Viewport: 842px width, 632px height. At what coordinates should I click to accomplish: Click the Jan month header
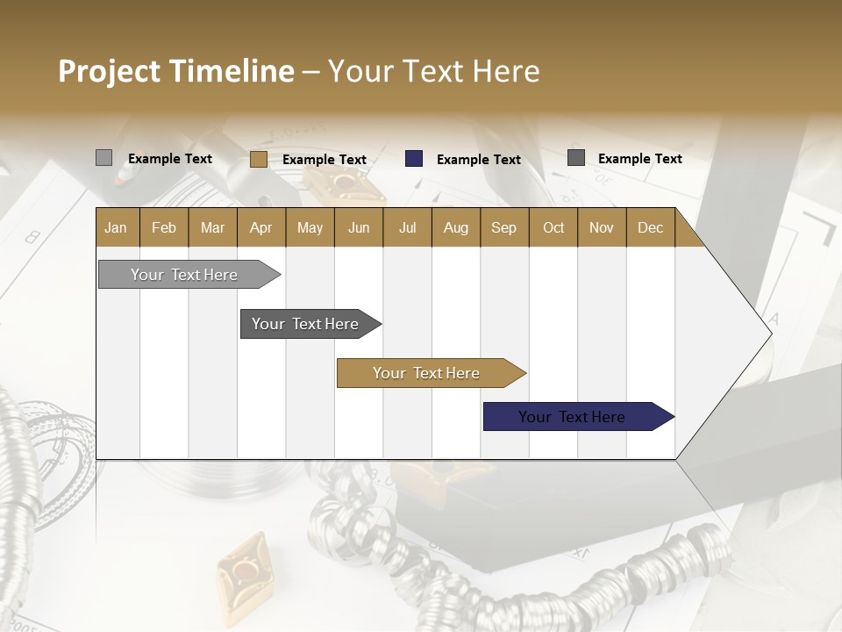click(x=117, y=227)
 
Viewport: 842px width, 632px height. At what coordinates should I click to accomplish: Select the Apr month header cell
click(x=261, y=227)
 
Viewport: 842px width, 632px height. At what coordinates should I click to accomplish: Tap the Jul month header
click(x=407, y=227)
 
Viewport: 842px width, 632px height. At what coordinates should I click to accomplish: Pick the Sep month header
click(x=503, y=227)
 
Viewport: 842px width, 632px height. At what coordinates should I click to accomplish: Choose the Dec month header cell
click(x=650, y=227)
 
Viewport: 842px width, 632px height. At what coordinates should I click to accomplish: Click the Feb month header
click(x=164, y=227)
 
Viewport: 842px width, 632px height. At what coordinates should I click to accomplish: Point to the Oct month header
click(x=553, y=227)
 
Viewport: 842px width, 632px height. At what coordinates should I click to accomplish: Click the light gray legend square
click(x=103, y=158)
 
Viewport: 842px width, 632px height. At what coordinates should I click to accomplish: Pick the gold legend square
click(x=258, y=159)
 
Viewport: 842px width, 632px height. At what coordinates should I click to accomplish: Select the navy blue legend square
click(x=414, y=159)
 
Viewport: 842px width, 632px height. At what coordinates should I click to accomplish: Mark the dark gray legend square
click(x=576, y=158)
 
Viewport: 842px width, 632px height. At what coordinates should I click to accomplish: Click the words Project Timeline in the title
click(x=175, y=71)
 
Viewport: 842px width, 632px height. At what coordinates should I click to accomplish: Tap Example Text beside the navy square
click(x=479, y=160)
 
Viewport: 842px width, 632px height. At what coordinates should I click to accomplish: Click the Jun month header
click(x=359, y=227)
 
